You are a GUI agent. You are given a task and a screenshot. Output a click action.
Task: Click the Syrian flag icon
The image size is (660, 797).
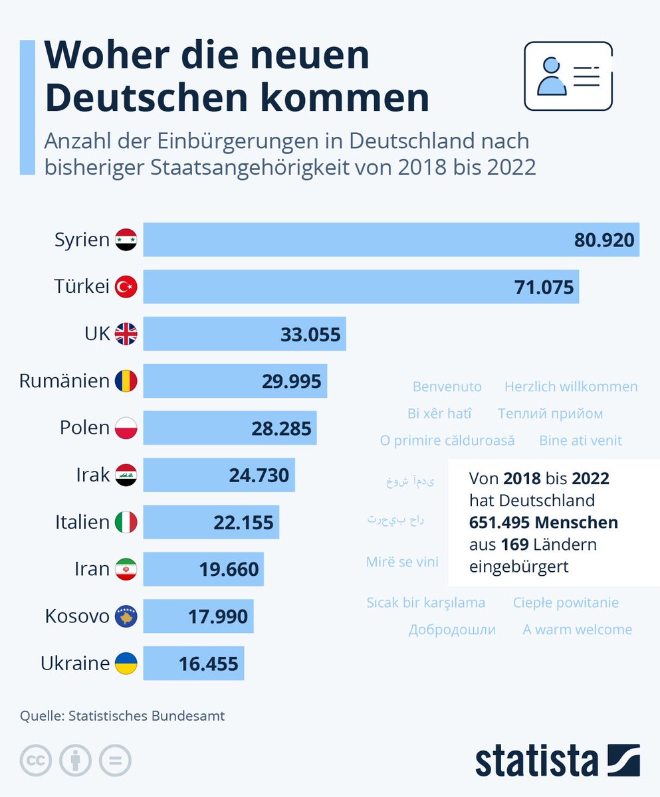(126, 240)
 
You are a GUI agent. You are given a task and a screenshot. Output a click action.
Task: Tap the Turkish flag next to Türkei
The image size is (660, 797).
(126, 287)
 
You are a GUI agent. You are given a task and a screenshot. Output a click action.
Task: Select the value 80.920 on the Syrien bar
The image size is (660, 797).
(604, 240)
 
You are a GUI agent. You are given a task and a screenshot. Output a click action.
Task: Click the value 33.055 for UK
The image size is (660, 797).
(310, 334)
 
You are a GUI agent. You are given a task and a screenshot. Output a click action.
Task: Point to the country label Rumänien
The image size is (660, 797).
(64, 381)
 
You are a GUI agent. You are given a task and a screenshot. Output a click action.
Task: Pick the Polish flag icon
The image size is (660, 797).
(126, 428)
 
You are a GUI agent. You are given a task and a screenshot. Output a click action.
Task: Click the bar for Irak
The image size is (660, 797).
(219, 476)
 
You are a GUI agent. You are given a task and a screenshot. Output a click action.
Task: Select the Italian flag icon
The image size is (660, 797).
(126, 523)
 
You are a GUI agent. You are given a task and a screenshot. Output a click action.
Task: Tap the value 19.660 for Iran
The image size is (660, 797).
(229, 569)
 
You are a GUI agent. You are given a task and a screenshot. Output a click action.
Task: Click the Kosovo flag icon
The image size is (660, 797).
(126, 616)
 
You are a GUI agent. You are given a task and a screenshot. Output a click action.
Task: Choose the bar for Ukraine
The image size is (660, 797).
(193, 664)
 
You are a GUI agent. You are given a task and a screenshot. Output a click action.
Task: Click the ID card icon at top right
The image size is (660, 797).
(568, 76)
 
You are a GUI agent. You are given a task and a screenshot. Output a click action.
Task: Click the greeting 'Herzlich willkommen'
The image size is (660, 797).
(570, 387)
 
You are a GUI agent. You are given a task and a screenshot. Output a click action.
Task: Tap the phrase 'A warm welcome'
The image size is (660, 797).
(577, 630)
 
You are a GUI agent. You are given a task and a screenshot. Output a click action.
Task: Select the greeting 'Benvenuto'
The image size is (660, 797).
(447, 387)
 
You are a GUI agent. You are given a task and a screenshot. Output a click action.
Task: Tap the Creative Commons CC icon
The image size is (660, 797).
(36, 760)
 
